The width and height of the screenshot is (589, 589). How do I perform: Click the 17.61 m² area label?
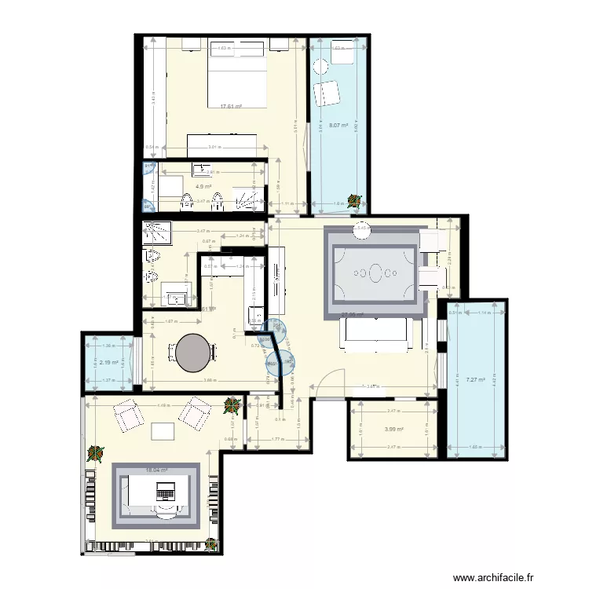[231, 107]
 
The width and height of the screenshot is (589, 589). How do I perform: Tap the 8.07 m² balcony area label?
[338, 126]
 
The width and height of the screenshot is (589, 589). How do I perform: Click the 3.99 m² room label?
[394, 429]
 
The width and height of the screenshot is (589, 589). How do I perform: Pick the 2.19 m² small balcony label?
[109, 363]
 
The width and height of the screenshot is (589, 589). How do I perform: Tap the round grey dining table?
[193, 353]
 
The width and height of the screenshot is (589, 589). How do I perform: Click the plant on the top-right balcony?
[356, 203]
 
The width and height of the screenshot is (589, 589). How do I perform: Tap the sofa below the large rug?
[374, 336]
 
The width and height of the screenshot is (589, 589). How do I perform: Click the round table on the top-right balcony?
[320, 66]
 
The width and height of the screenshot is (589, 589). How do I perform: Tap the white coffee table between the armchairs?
[163, 430]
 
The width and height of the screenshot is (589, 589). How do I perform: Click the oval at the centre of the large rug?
[375, 274]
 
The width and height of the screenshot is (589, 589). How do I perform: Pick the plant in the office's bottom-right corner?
[212, 542]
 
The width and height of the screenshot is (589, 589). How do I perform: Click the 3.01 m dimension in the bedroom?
[213, 147]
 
